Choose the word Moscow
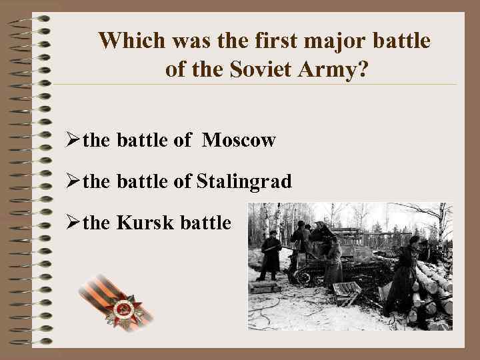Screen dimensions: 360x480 [x=239, y=140]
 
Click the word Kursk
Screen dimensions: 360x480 [x=141, y=222]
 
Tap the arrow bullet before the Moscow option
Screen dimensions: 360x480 [x=73, y=141]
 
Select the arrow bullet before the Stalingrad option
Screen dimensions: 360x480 [x=73, y=181]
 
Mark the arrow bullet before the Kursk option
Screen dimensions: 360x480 [x=73, y=223]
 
